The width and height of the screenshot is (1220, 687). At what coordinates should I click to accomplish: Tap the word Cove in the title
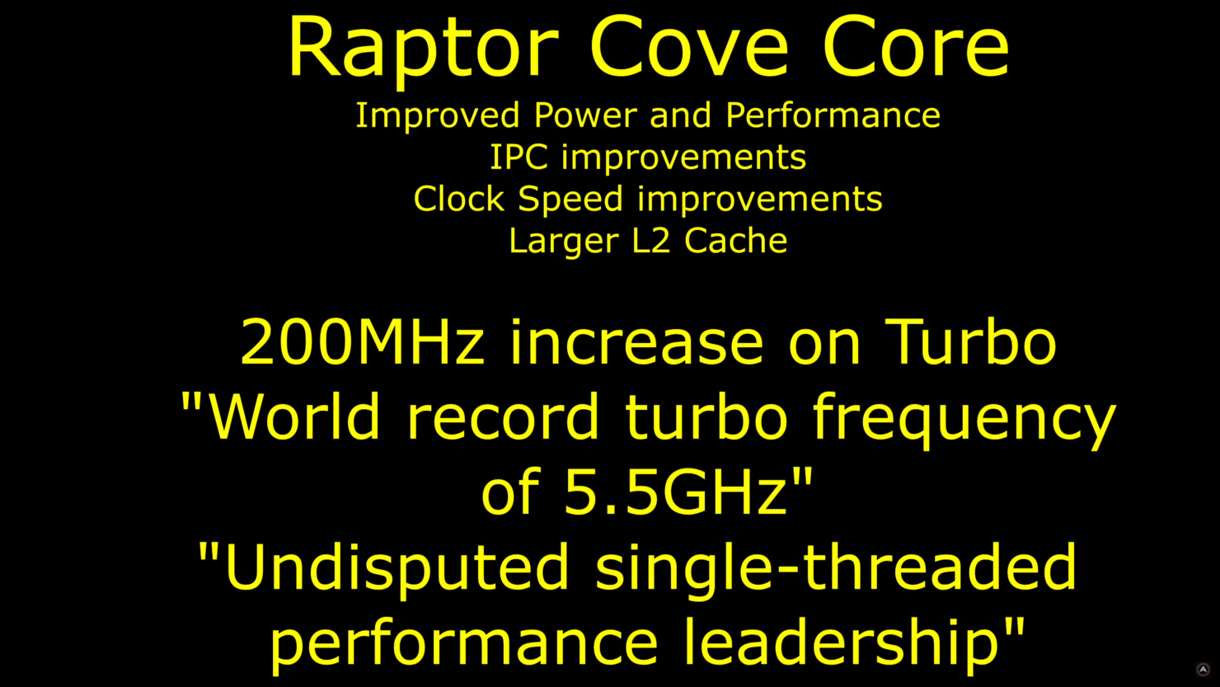click(x=689, y=47)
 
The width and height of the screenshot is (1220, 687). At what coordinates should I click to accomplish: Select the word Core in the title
click(x=916, y=47)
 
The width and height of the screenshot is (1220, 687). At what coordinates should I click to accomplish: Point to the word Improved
click(x=438, y=116)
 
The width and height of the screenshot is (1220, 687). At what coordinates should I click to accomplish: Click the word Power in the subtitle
click(x=585, y=115)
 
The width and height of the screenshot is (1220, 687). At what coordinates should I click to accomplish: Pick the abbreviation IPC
click(x=519, y=157)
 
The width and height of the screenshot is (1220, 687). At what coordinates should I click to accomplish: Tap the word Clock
click(x=459, y=198)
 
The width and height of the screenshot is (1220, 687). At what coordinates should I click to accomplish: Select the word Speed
click(x=570, y=200)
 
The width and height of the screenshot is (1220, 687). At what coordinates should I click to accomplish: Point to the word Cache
click(x=736, y=240)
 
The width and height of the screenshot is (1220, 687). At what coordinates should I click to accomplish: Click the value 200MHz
click(x=362, y=341)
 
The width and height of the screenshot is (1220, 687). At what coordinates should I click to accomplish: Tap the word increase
click(x=636, y=343)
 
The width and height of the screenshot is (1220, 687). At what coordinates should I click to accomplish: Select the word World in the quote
click(x=294, y=416)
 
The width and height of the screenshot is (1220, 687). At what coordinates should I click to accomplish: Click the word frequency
click(x=964, y=421)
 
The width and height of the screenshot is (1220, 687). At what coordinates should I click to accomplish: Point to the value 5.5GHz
click(x=676, y=492)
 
